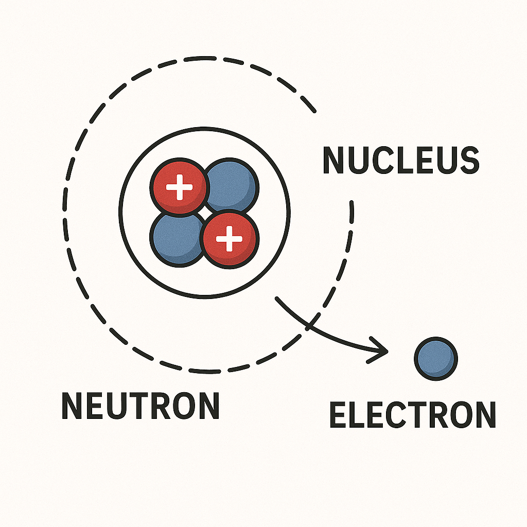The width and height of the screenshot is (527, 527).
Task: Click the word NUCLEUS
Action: pyautogui.click(x=400, y=161)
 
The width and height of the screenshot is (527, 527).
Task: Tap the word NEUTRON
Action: pyautogui.click(x=140, y=406)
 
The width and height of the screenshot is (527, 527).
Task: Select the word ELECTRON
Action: pyautogui.click(x=412, y=415)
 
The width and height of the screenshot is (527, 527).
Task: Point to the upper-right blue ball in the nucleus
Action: pyautogui.click(x=232, y=184)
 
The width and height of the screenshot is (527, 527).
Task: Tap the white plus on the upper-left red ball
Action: pyautogui.click(x=180, y=187)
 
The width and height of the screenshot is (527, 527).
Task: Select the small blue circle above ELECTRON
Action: pyautogui.click(x=436, y=359)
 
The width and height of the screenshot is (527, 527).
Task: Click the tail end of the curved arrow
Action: pyautogui.click(x=277, y=298)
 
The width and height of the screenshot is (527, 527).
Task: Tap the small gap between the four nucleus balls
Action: pyautogui.click(x=204, y=212)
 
